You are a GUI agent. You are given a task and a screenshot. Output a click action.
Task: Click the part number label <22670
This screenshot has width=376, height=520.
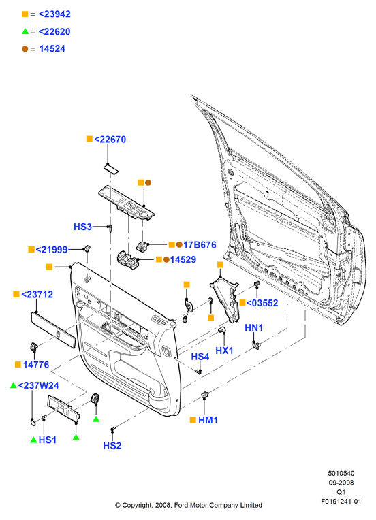point(110,140)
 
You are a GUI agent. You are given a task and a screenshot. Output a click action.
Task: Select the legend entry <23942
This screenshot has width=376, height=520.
point(54,14)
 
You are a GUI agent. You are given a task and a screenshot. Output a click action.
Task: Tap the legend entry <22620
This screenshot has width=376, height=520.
point(54,31)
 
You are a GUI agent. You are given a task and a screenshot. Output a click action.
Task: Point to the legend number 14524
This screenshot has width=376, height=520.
point(52,49)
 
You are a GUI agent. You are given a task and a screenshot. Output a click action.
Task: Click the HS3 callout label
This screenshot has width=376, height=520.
point(82,227)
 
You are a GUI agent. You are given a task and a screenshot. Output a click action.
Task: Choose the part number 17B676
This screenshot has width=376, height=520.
point(200,245)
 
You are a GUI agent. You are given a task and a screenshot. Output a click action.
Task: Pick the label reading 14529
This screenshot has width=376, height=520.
point(183,259)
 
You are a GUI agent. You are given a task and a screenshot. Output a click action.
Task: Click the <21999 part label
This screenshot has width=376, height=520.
point(52,250)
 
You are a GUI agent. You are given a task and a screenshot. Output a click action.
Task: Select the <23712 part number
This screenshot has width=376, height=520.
point(37,294)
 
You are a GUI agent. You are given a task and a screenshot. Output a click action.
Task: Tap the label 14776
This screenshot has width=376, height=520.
point(36,364)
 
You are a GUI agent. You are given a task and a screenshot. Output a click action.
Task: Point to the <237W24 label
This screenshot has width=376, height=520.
point(39,385)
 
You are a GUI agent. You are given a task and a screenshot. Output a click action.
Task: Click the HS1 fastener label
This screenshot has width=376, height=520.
point(48,440)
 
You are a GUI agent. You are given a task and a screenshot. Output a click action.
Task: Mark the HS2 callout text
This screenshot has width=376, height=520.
point(112,446)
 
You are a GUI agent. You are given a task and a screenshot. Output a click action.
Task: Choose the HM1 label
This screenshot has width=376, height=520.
point(208,420)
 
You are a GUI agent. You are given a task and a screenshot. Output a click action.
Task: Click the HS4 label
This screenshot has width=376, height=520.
point(200,357)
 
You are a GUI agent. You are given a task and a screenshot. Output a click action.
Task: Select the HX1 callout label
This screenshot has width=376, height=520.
point(224,351)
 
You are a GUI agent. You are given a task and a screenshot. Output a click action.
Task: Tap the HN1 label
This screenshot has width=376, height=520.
point(254,327)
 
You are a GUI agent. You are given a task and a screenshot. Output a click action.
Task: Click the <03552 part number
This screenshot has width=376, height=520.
point(262,303)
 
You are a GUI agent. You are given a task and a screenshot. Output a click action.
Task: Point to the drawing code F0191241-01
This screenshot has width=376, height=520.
point(341,501)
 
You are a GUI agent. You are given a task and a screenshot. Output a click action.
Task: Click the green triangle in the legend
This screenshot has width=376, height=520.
point(25,31)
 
